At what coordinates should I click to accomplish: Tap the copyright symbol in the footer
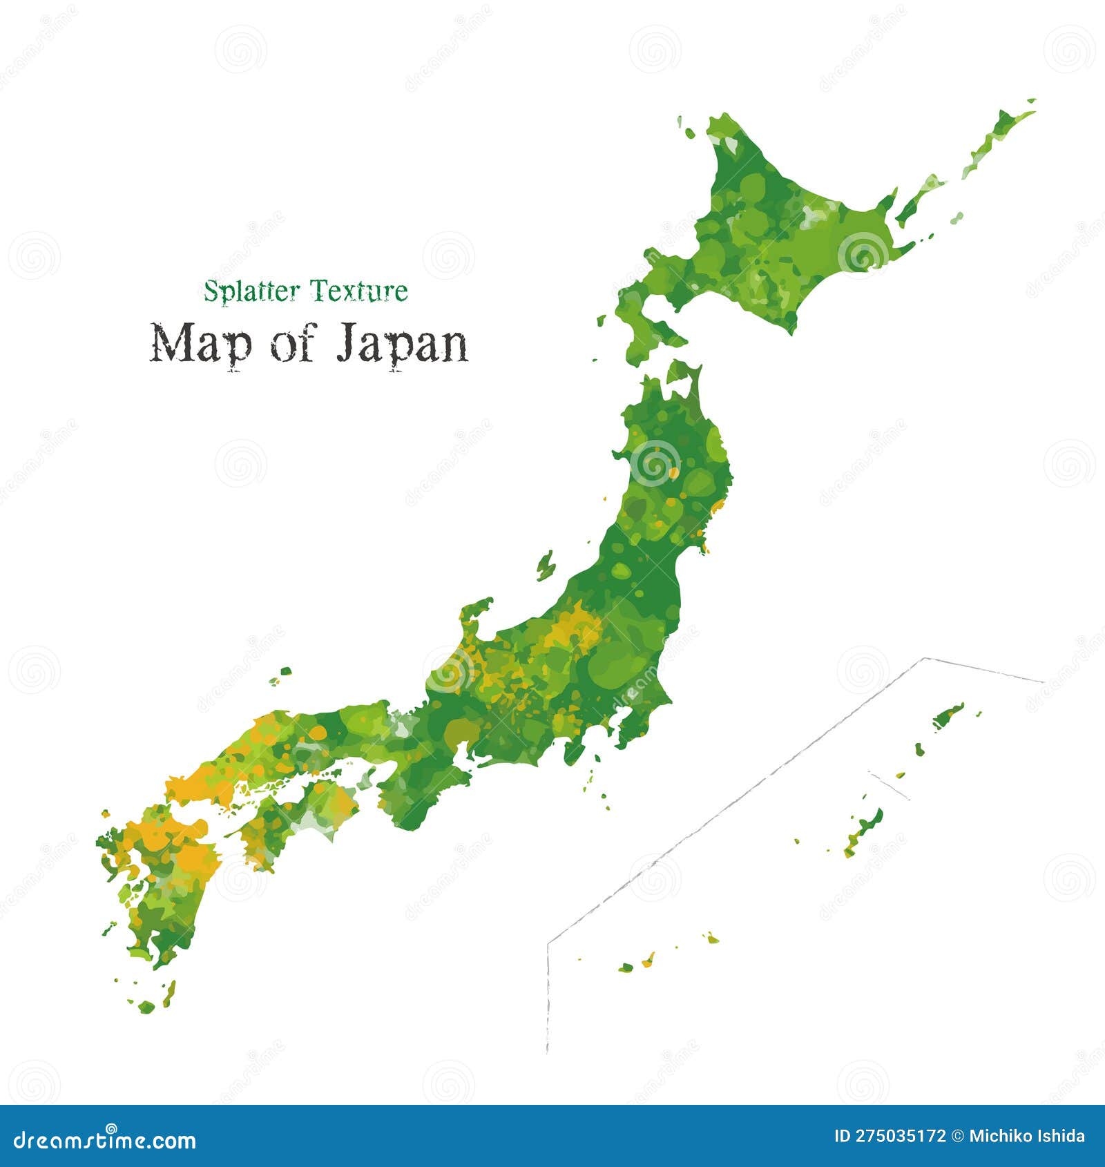pos(957,1137)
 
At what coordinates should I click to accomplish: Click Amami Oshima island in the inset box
pos(948,716)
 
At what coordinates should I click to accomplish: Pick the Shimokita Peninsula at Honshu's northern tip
pos(684,373)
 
